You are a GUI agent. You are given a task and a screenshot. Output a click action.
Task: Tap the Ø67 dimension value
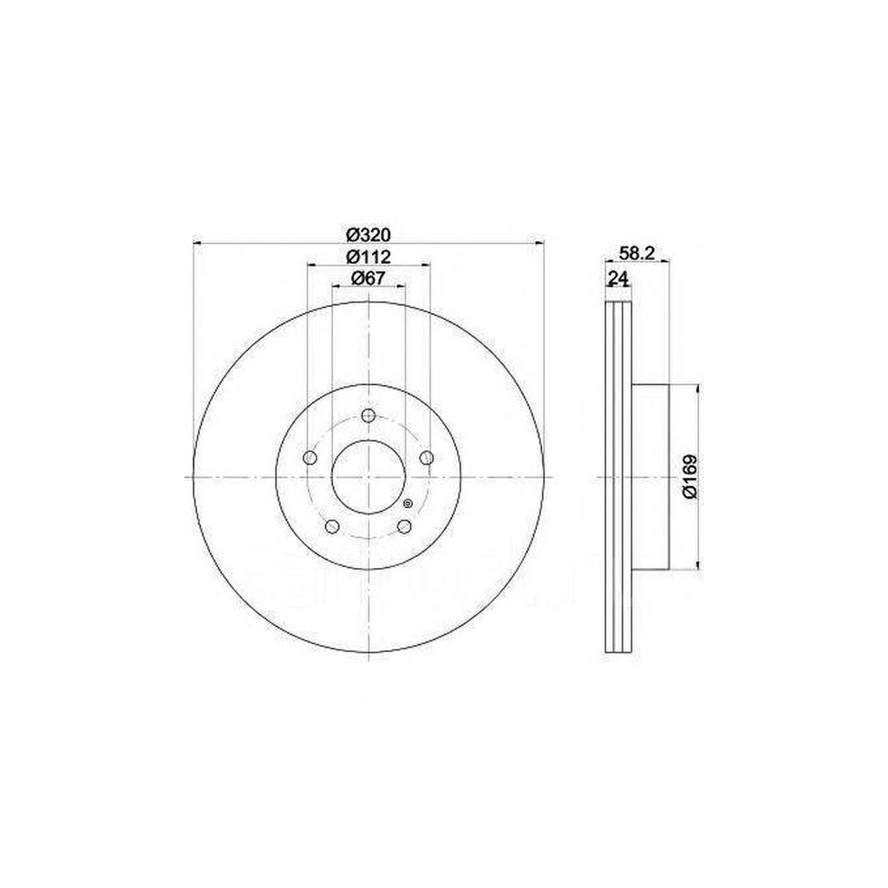tap(369, 278)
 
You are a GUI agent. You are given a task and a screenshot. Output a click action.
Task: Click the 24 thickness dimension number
tap(617, 278)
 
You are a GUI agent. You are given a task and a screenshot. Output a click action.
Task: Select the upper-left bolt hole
tap(310, 458)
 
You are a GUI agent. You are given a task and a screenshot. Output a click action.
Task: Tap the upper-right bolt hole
tap(426, 458)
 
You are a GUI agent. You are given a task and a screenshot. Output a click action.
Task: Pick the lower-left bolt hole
tap(332, 526)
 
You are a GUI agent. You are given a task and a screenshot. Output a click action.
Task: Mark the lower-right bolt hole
tap(404, 526)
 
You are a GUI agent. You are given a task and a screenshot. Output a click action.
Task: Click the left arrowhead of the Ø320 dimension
tap(196, 243)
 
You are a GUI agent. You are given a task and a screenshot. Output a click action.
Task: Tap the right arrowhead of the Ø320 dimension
tap(541, 243)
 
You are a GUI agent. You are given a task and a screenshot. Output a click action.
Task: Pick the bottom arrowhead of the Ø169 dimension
tap(696, 566)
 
